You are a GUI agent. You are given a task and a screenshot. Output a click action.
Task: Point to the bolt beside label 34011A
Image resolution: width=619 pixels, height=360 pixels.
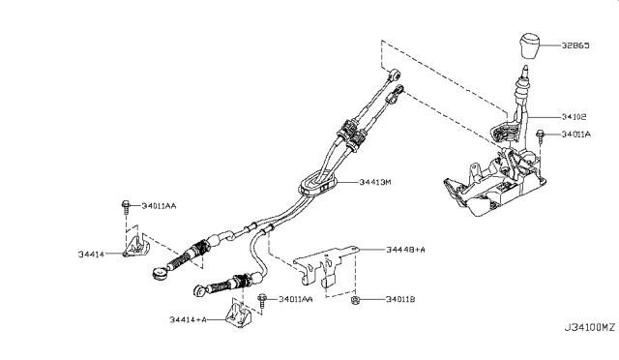[x=544, y=135]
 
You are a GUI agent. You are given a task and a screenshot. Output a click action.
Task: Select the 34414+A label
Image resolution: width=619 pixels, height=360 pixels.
[x=190, y=318]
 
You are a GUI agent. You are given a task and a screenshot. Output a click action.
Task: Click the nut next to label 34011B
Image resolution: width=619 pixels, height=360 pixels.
[x=356, y=298]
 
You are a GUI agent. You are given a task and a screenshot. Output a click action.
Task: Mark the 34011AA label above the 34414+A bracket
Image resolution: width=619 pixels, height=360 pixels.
[x=295, y=300]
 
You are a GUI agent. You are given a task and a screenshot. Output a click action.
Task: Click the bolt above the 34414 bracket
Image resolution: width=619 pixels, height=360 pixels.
[x=127, y=206]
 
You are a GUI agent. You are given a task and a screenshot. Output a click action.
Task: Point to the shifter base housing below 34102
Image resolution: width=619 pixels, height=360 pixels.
[x=488, y=184]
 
